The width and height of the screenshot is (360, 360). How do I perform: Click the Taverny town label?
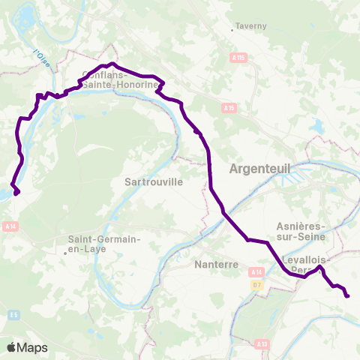coord(251,25)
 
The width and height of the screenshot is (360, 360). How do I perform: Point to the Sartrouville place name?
coord(158,181)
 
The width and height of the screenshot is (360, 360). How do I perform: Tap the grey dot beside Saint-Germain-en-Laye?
coord(65,253)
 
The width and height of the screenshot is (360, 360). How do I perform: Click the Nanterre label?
coord(215,265)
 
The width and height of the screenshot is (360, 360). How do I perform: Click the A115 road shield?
coord(238,56)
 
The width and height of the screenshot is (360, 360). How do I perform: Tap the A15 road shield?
coord(229,108)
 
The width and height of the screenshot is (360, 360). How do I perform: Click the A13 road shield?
coord(261,343)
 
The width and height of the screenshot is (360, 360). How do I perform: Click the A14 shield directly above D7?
coord(257,271)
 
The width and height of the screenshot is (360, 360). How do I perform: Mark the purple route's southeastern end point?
coord(347,295)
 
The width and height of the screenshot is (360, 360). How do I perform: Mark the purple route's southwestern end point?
coord(16,192)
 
